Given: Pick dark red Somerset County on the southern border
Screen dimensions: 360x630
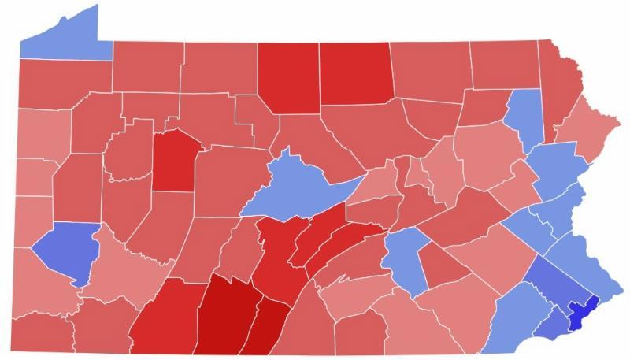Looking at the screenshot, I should tap(165, 319).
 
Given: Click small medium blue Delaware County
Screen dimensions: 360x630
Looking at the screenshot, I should tap(554, 320).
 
